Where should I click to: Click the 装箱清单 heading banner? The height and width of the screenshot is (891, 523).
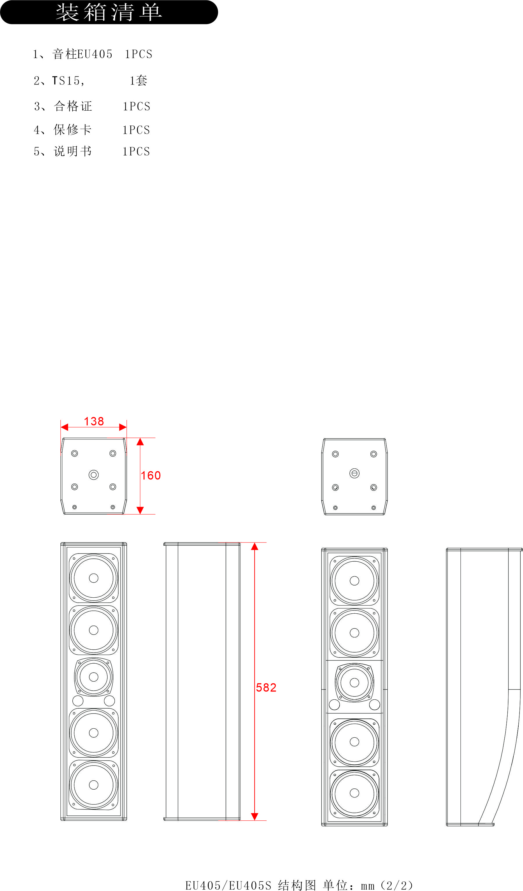(x=109, y=12)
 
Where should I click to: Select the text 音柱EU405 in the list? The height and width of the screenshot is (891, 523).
(x=83, y=54)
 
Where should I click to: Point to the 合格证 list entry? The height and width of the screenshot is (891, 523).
(x=73, y=106)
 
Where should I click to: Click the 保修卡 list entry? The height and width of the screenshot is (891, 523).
(x=73, y=130)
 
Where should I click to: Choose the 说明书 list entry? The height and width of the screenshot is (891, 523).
(x=73, y=151)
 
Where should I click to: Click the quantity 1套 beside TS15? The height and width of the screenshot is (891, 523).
(x=138, y=81)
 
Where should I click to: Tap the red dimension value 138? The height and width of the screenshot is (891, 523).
(x=94, y=421)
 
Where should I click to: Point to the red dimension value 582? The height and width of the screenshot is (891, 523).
(x=266, y=688)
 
